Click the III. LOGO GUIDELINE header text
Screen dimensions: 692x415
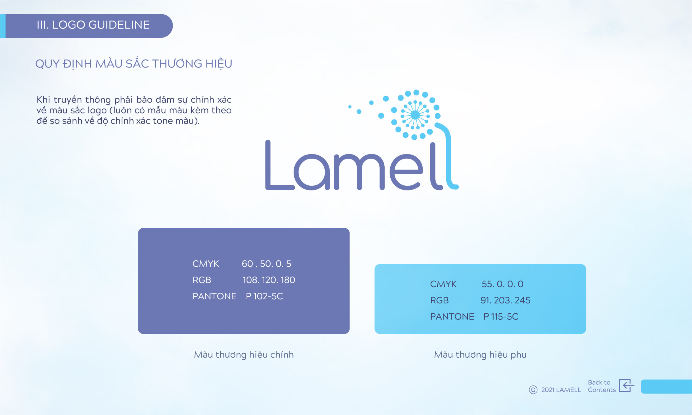tap(93, 25)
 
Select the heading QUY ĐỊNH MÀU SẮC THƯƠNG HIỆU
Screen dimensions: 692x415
tap(134, 64)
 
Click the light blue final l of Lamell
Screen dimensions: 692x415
tap(449, 157)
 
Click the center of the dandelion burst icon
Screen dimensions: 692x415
tap(415, 115)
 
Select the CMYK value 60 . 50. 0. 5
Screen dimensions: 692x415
tap(266, 264)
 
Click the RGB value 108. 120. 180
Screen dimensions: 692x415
tap(269, 280)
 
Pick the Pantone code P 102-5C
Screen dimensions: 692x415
tap(264, 296)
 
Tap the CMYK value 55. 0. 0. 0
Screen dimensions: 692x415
tap(502, 284)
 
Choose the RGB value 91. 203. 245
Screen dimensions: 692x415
tap(505, 300)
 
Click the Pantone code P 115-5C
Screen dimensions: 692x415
tap(501, 317)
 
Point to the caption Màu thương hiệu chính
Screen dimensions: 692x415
tap(244, 355)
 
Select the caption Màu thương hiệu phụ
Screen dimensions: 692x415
tap(480, 355)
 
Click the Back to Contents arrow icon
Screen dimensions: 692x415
tap(626, 386)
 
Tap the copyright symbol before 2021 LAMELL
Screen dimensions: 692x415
tap(533, 390)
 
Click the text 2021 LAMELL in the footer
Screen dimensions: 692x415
tap(561, 390)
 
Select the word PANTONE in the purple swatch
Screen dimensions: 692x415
tap(215, 296)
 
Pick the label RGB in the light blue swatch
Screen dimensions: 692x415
tap(440, 300)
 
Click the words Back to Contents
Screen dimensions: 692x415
tap(602, 386)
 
